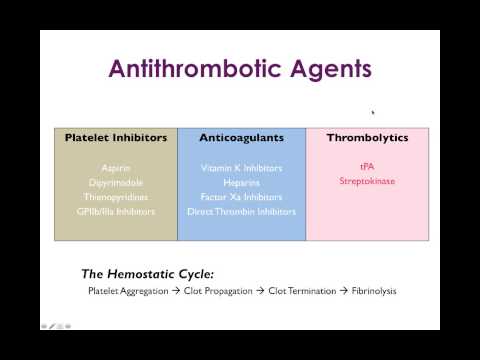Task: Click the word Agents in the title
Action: pyautogui.click(x=325, y=70)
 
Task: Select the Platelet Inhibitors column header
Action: pyautogui.click(x=115, y=138)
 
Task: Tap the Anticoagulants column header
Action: pyautogui.click(x=240, y=138)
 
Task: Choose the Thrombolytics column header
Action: pyautogui.click(x=367, y=138)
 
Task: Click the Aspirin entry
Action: pyautogui.click(x=115, y=168)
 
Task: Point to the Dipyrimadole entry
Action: pyautogui.click(x=115, y=182)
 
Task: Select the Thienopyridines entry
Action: pyautogui.click(x=115, y=197)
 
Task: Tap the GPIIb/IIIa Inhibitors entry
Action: pyautogui.click(x=115, y=212)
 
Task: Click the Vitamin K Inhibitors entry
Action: pyautogui.click(x=240, y=168)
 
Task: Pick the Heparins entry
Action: pyautogui.click(x=240, y=182)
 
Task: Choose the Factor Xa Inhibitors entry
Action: pyautogui.click(x=240, y=197)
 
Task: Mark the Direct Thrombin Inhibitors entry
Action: pyautogui.click(x=240, y=212)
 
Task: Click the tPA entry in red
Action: pyautogui.click(x=367, y=168)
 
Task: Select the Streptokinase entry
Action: pyautogui.click(x=367, y=182)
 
